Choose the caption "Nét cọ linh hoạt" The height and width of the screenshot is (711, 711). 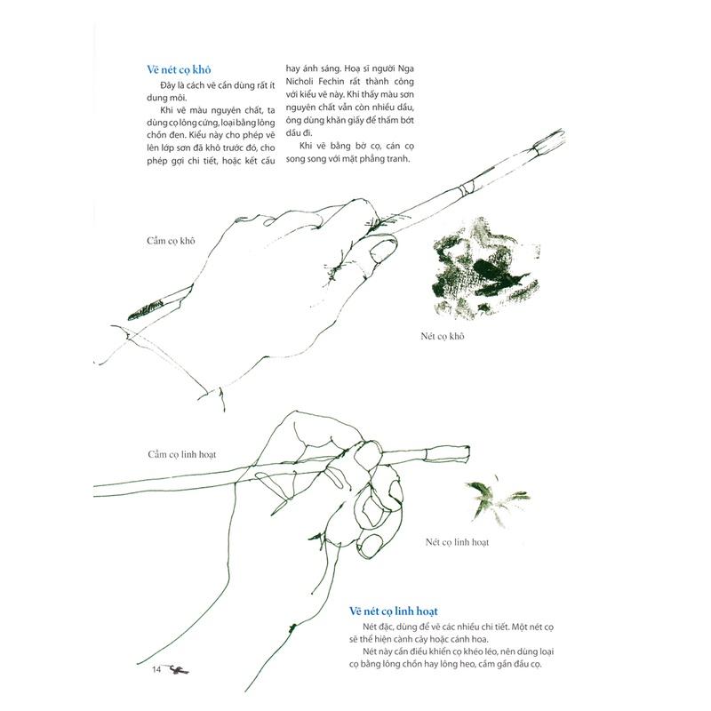click(x=457, y=541)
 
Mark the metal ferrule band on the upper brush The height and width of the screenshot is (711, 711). click(x=463, y=188)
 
